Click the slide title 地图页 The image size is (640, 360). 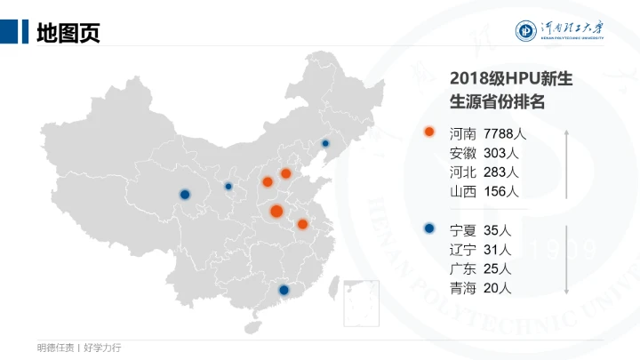click(x=68, y=32)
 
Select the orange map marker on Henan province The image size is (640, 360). click(x=276, y=211)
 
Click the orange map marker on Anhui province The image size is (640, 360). click(x=302, y=224)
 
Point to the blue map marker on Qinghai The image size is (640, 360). click(x=185, y=194)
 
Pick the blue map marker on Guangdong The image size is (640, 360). click(x=284, y=290)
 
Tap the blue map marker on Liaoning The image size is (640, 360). click(x=325, y=143)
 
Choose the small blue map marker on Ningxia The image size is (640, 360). click(x=228, y=187)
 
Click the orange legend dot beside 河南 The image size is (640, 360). click(x=429, y=132)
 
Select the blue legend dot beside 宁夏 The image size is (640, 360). click(x=429, y=228)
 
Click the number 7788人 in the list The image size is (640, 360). click(x=506, y=133)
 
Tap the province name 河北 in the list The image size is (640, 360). click(x=463, y=172)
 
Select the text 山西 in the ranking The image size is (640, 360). click(x=463, y=191)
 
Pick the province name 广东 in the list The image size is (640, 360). click(x=463, y=268)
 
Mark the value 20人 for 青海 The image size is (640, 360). click(x=499, y=287)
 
